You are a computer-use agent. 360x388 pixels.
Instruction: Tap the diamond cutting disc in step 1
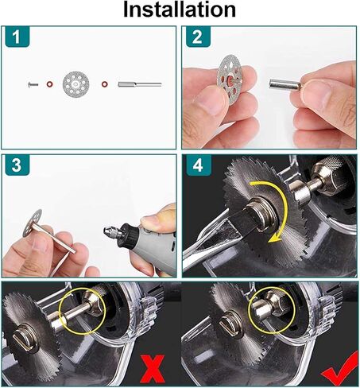(x=77, y=83)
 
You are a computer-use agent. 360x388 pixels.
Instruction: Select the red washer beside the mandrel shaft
(x=105, y=83)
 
